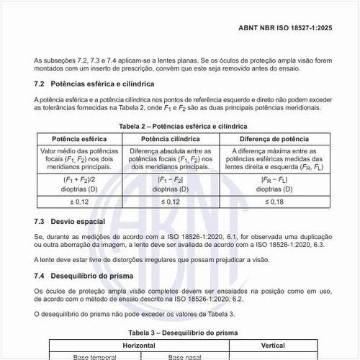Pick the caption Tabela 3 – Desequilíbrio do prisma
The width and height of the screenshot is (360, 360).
tap(180, 333)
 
